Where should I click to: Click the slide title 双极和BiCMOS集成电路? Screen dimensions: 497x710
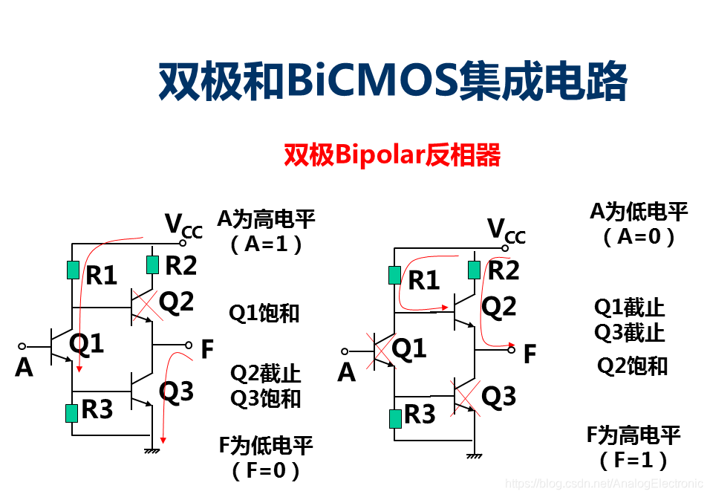393,80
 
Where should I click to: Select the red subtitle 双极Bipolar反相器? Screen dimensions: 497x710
392,155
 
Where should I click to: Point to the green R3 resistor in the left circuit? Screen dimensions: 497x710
72,412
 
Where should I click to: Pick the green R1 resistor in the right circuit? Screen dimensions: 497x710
395,275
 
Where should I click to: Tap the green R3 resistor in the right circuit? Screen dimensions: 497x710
395,418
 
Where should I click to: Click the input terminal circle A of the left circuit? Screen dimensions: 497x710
22,346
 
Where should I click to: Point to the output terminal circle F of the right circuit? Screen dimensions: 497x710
511,350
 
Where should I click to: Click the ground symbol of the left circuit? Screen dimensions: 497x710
152,449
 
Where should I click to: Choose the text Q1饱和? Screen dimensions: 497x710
264,313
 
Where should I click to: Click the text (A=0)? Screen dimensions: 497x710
638,237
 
